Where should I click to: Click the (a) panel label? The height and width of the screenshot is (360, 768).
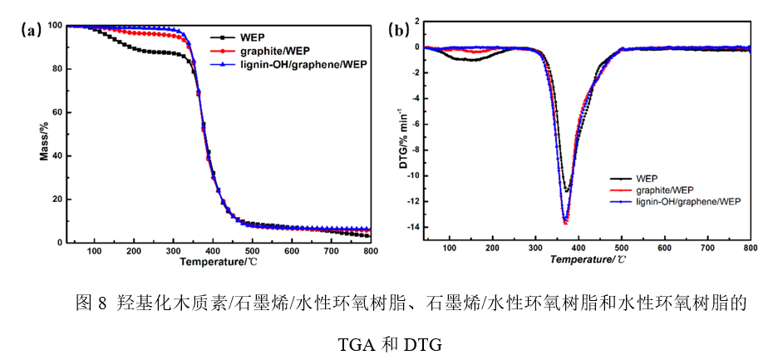[x=31, y=31]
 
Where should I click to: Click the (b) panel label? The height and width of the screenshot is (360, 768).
[x=399, y=31]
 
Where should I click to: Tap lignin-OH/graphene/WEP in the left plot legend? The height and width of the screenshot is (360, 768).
[x=303, y=63]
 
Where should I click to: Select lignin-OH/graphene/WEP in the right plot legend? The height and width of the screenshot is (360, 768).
[x=687, y=201]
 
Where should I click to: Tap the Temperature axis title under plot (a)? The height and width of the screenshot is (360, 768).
[x=218, y=262]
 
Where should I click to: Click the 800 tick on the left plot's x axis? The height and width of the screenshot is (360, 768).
[x=370, y=250]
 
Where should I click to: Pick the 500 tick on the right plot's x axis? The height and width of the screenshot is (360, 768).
[x=621, y=247]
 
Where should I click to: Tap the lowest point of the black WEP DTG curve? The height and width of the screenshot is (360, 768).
[x=567, y=191]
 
